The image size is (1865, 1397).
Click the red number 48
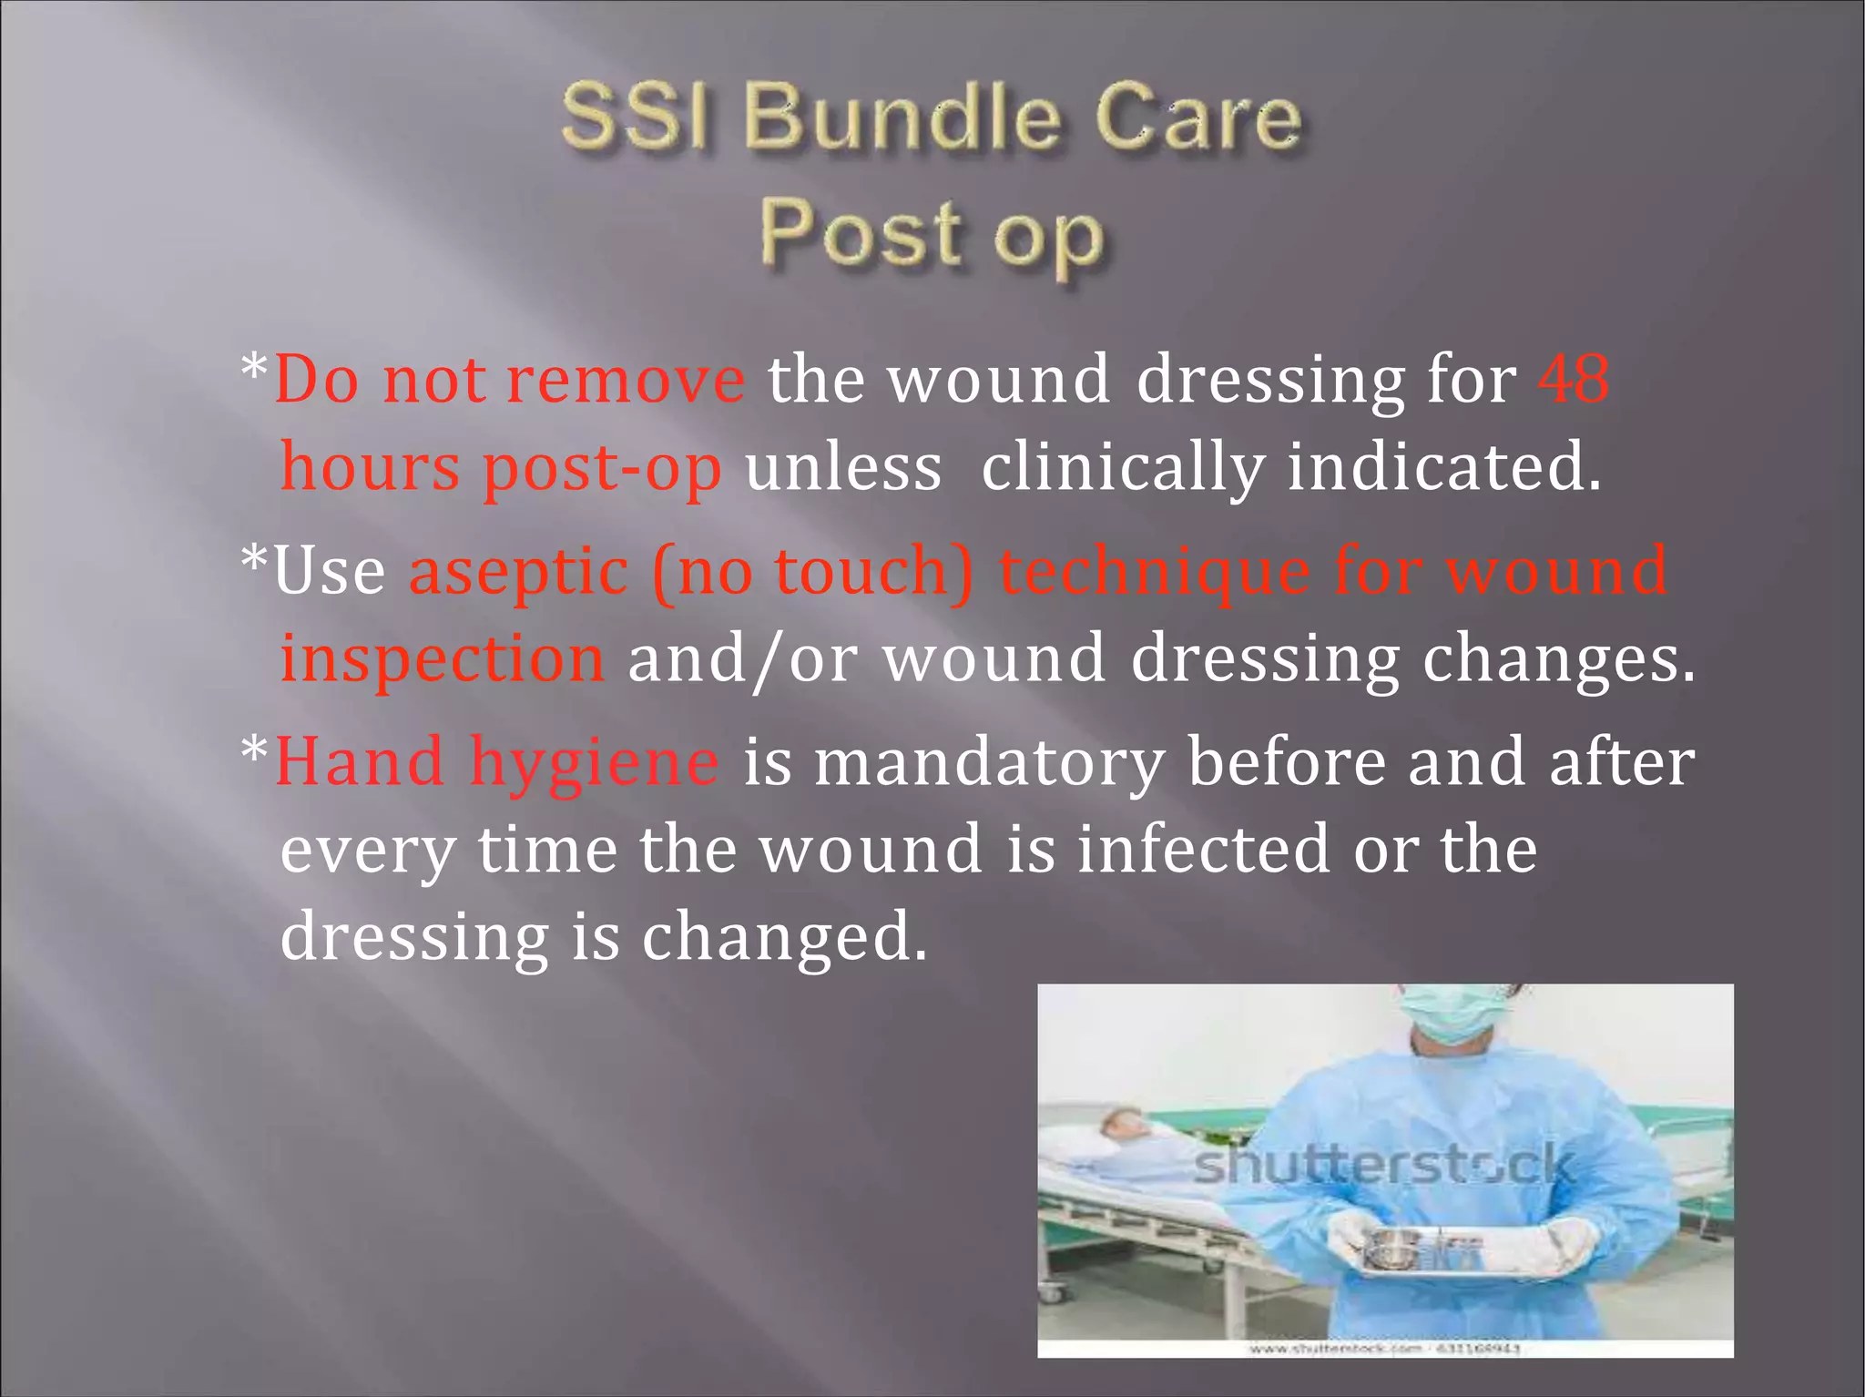1573,379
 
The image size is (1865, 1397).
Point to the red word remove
626,381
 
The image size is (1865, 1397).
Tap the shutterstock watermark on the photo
1384,1166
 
